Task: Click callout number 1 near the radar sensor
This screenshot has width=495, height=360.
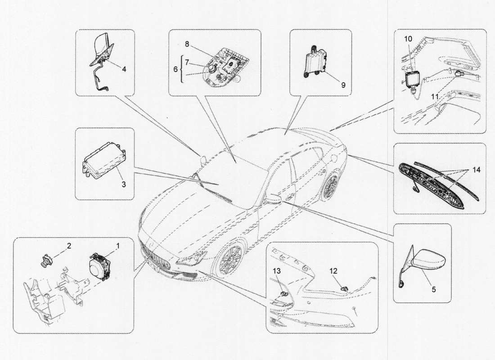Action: pyautogui.click(x=118, y=246)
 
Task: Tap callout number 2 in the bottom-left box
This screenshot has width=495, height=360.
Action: pyautogui.click(x=69, y=246)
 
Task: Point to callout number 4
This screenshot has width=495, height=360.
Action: pyautogui.click(x=123, y=70)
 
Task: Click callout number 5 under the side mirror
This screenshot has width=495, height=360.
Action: pyautogui.click(x=434, y=290)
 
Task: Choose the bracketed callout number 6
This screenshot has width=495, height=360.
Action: pyautogui.click(x=176, y=71)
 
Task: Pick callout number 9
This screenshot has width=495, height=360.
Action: pyautogui.click(x=343, y=84)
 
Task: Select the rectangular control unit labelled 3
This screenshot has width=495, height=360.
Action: pyautogui.click(x=101, y=159)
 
